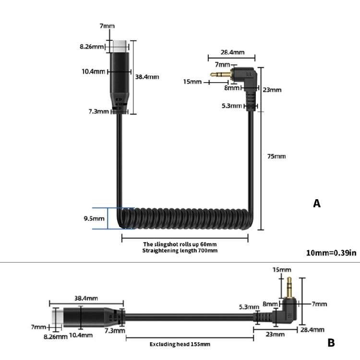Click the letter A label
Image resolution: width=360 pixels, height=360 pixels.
[x=317, y=204]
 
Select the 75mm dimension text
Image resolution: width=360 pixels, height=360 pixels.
[x=276, y=156]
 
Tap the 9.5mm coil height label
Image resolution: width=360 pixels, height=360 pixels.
[x=95, y=219]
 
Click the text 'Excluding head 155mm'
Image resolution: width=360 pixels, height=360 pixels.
[x=180, y=344]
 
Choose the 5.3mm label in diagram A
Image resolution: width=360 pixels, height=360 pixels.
[x=232, y=106]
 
